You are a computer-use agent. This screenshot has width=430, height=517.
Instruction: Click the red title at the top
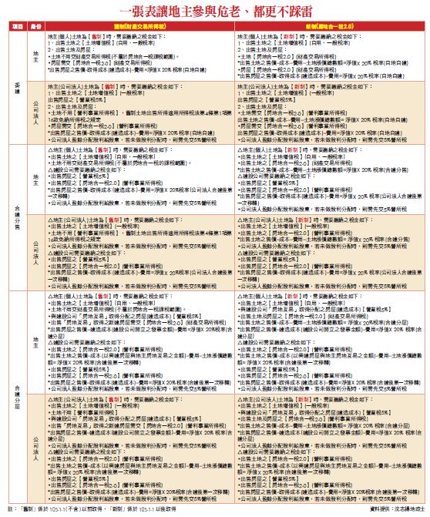coord(215,10)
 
